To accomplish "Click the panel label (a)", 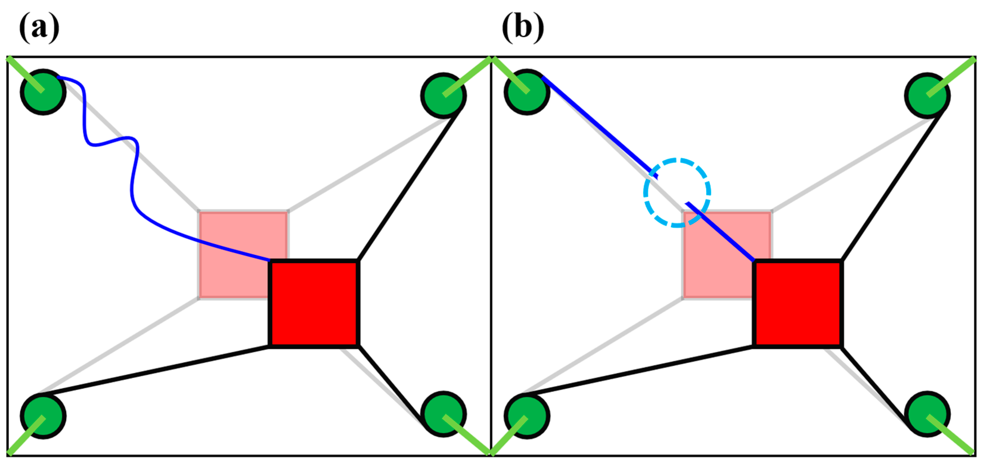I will coord(39,27).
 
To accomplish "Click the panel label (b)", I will coord(523,27).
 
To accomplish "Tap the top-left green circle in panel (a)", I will coord(43,92).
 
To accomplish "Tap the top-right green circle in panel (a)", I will coord(443,95).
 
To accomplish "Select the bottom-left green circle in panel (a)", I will coord(43,416).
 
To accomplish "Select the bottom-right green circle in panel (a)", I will coord(443,414).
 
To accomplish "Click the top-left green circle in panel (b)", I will coord(527,92).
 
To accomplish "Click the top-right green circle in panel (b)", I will coord(927,95).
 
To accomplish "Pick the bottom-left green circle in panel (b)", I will coord(527,416).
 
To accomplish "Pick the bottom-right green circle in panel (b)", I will coord(927,414).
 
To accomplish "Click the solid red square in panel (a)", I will coord(314,303).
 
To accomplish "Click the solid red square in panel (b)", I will coord(798,303).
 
